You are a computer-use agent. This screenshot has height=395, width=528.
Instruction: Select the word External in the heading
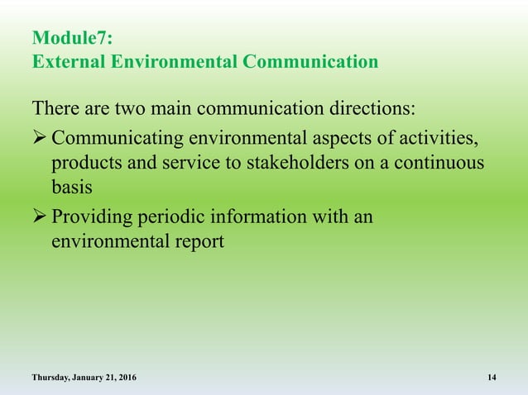[67, 61]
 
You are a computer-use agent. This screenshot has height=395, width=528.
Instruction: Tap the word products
[84, 162]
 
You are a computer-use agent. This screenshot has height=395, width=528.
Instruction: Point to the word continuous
[444, 162]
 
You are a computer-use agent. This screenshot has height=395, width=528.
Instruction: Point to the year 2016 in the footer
[127, 378]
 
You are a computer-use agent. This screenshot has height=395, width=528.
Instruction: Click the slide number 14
[492, 378]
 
